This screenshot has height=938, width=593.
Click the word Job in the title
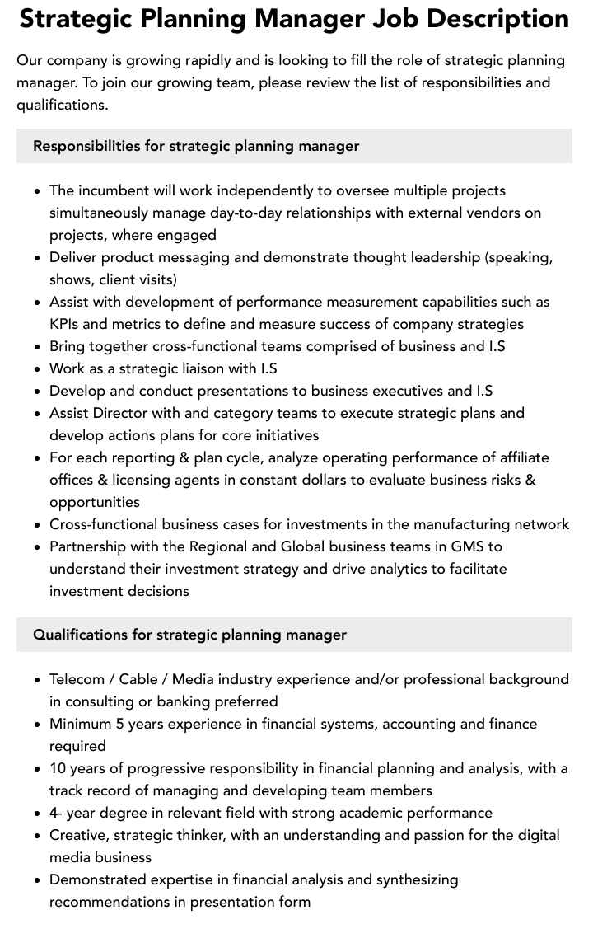[400, 19]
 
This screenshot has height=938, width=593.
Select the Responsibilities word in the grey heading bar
[86, 146]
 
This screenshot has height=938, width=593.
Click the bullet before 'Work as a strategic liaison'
[37, 369]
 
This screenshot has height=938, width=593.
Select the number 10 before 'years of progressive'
[58, 768]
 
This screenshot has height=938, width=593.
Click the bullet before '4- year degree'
[37, 814]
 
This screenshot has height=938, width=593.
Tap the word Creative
[77, 835]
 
